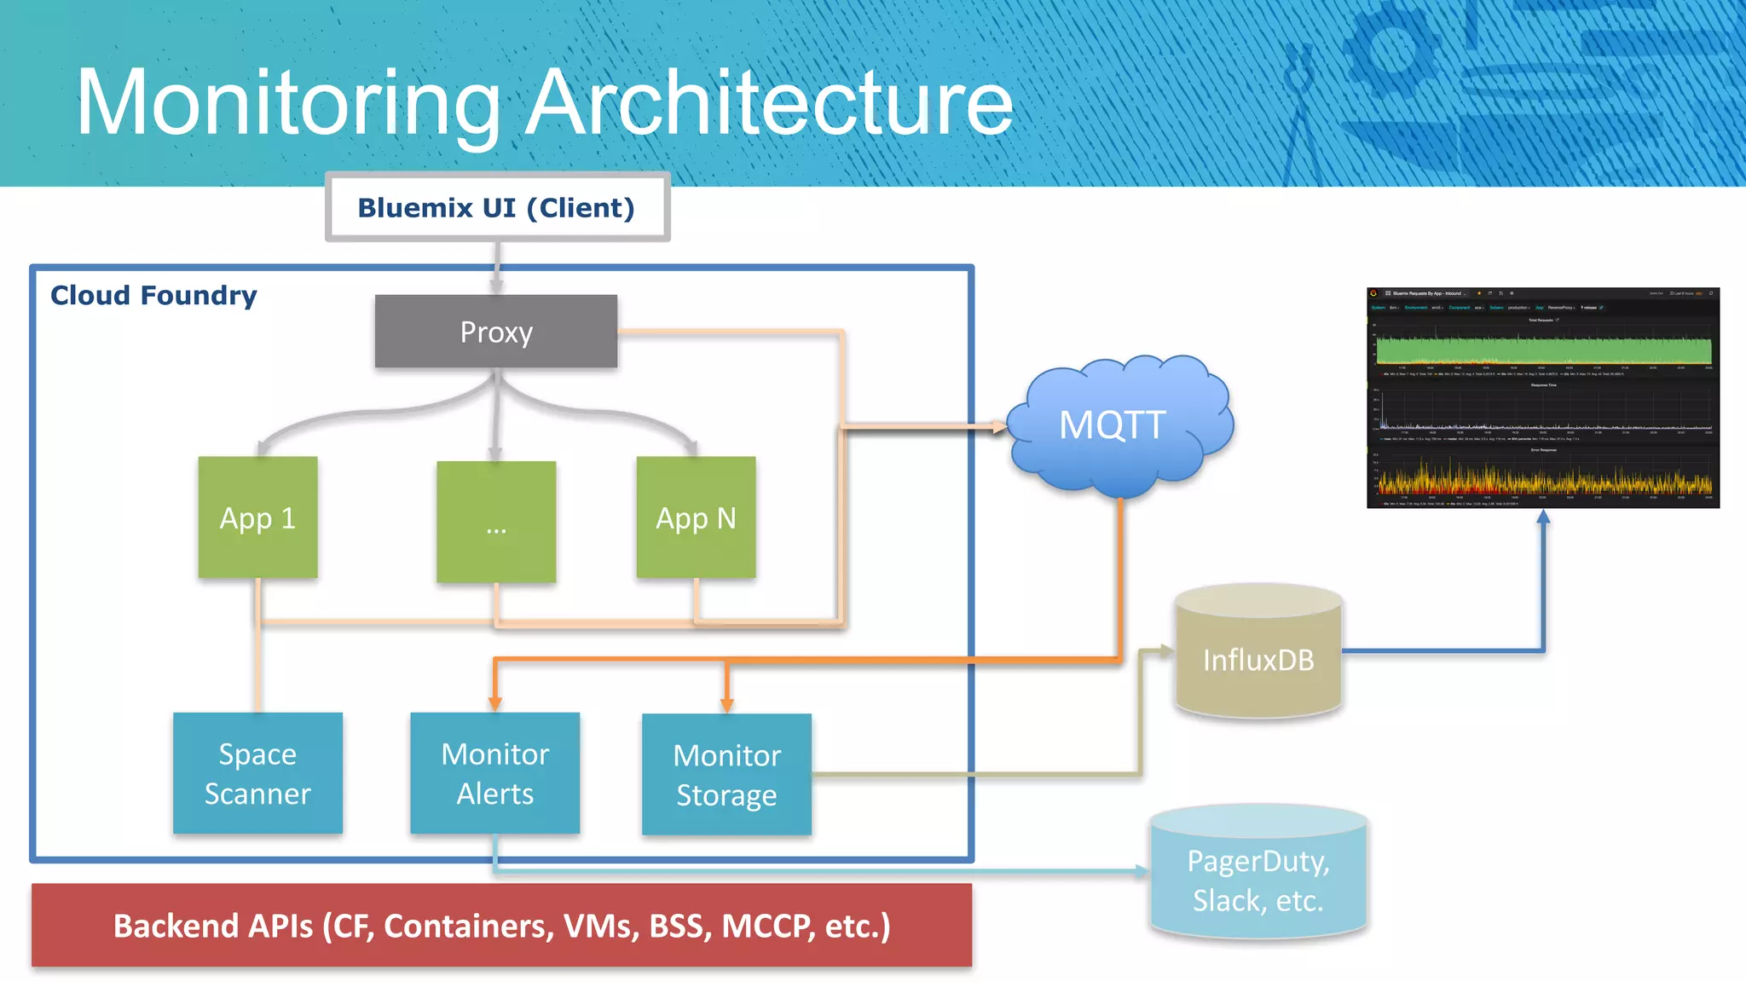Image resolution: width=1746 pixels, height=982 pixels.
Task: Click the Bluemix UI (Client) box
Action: click(497, 208)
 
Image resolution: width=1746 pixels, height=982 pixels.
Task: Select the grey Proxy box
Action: click(496, 332)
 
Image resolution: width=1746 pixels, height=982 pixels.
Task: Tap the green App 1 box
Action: click(257, 517)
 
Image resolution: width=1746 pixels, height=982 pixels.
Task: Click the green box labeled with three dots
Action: click(496, 523)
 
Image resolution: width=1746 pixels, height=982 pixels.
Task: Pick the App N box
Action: click(696, 517)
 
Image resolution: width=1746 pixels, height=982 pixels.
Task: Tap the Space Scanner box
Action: click(257, 773)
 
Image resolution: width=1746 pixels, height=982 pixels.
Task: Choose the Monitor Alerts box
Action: click(494, 773)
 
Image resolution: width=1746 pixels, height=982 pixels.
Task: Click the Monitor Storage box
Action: click(726, 774)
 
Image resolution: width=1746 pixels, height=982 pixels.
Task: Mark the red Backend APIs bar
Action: click(501, 926)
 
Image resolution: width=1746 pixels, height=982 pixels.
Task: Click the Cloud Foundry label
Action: click(153, 296)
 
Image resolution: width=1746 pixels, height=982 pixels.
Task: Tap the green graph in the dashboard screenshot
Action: click(1543, 350)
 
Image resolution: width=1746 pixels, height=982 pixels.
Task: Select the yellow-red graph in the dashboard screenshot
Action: click(1543, 482)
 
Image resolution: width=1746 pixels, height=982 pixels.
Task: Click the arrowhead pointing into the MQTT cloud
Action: click(998, 426)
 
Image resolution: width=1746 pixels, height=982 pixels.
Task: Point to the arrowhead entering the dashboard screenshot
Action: click(1543, 517)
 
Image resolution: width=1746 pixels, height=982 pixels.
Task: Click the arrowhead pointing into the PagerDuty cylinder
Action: click(1142, 870)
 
